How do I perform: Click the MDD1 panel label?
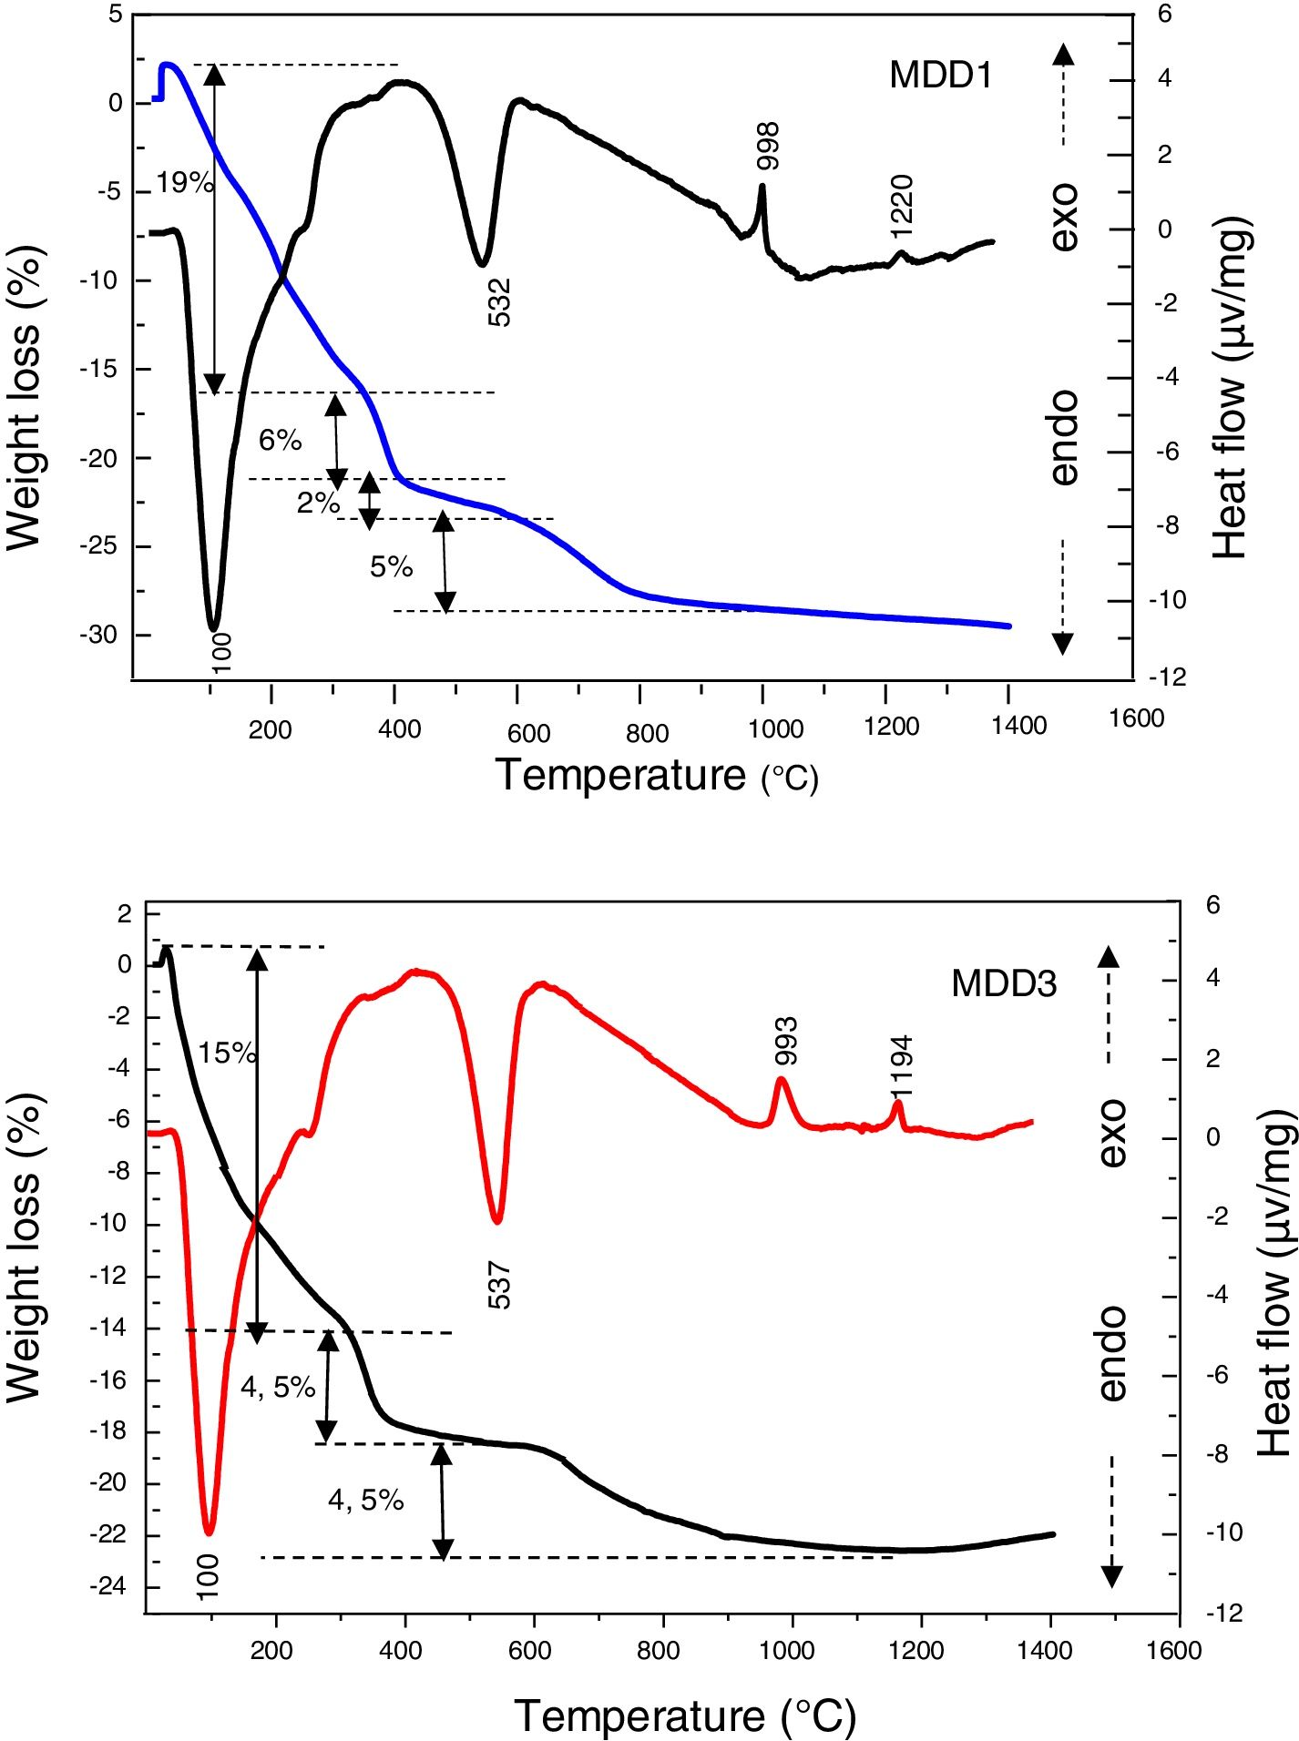coord(940,75)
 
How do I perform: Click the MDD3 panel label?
coord(1004,983)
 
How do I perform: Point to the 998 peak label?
coord(768,146)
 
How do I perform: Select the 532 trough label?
coord(499,302)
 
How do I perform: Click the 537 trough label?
coord(499,1286)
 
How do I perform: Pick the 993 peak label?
coord(785,1041)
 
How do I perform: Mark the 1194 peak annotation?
coord(901,1066)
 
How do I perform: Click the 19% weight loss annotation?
coord(184,183)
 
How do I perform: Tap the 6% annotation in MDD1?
coord(280,441)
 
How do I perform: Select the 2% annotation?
coord(318,502)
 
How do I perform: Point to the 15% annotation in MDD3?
coord(227,1054)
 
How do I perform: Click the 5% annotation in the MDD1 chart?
coord(391,567)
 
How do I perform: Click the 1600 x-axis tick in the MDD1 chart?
coord(1136,718)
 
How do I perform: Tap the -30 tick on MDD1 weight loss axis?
coord(100,635)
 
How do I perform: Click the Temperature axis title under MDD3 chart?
coord(685,1716)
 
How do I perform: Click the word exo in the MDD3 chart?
coord(1112,1133)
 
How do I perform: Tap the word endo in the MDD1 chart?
coord(1063,438)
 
